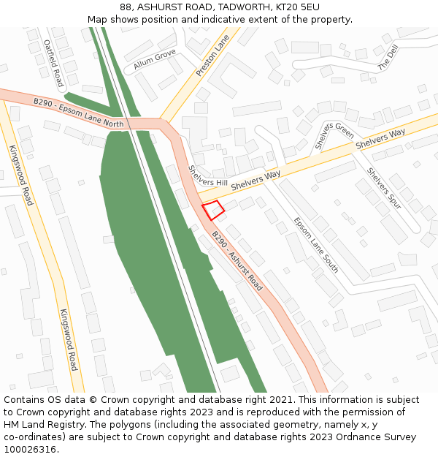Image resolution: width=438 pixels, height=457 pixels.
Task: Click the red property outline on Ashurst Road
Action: pyautogui.click(x=213, y=210)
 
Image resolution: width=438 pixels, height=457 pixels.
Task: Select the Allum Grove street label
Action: pyautogui.click(x=154, y=60)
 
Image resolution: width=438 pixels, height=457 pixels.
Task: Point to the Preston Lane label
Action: pyautogui.click(x=213, y=55)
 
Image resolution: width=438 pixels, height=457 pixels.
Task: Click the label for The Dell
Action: pyautogui.click(x=388, y=57)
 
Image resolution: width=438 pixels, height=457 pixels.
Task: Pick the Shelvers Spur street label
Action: pyautogui.click(x=384, y=189)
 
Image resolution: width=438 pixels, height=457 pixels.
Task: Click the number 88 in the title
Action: pyautogui.click(x=126, y=7)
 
